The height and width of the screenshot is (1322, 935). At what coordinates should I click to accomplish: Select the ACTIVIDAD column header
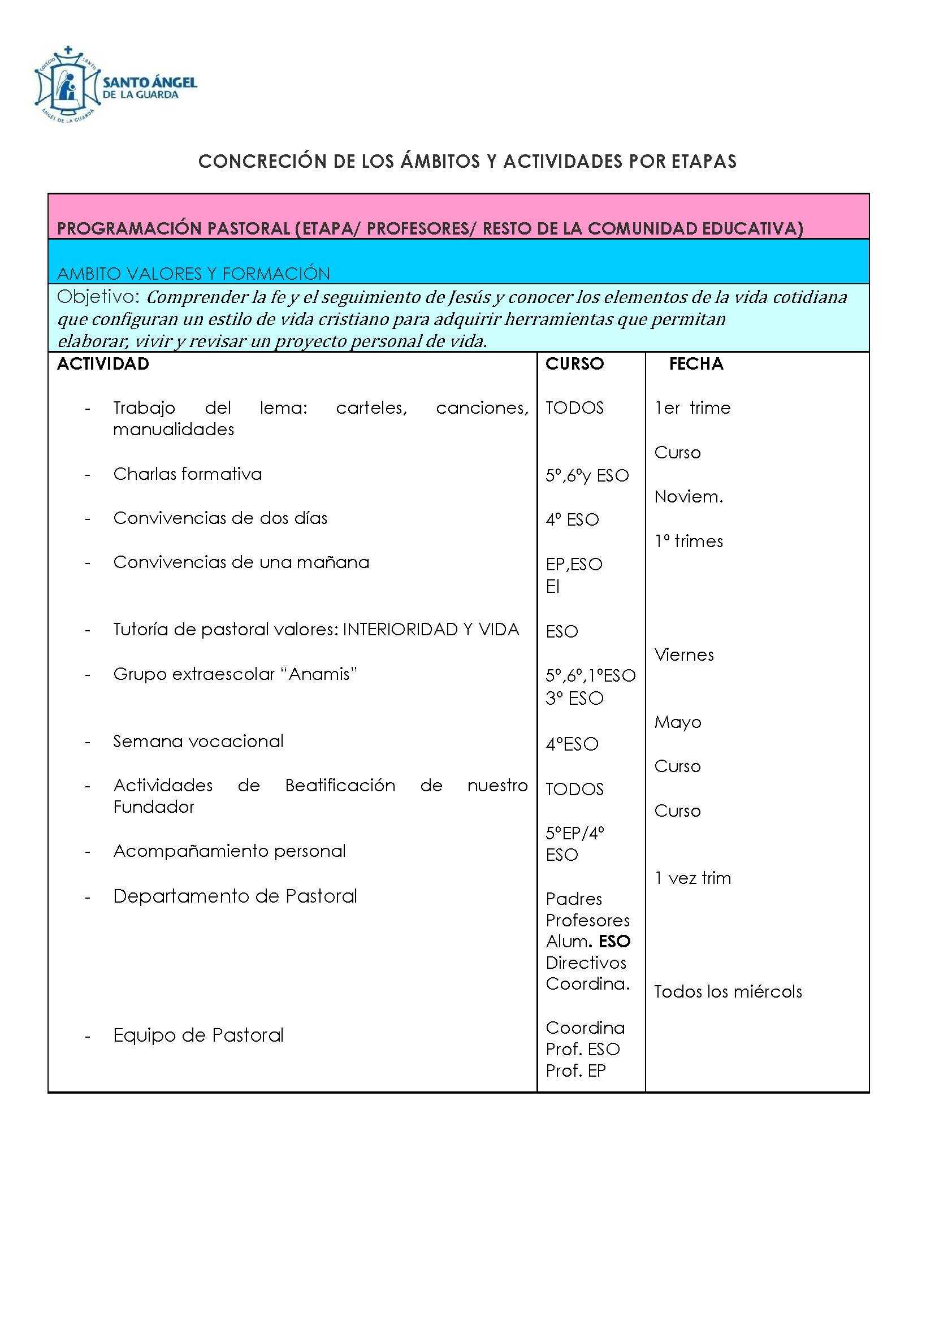(x=103, y=364)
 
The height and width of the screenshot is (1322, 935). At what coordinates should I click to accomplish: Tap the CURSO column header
(x=574, y=364)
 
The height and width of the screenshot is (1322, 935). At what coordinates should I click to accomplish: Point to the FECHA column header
(x=696, y=364)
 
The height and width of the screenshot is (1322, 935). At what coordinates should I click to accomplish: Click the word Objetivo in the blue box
(x=98, y=297)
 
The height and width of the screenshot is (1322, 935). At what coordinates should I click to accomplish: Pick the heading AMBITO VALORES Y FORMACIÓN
(x=193, y=274)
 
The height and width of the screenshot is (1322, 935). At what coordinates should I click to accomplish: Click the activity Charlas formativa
(x=187, y=474)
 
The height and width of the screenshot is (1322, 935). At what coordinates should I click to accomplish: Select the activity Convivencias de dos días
(x=220, y=518)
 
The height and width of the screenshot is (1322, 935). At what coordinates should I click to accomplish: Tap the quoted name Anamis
(x=322, y=674)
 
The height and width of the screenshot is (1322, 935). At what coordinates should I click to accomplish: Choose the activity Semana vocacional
(x=198, y=742)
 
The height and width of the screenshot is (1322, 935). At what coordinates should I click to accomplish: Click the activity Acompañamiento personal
(x=229, y=851)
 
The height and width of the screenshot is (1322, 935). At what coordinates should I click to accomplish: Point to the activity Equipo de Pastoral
(x=198, y=1035)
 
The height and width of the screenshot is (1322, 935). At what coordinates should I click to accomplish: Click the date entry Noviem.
(x=689, y=497)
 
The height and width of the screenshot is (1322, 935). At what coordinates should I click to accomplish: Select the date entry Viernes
(x=684, y=655)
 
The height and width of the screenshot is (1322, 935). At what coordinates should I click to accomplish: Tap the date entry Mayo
(x=678, y=723)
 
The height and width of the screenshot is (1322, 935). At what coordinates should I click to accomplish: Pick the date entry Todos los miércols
(x=728, y=992)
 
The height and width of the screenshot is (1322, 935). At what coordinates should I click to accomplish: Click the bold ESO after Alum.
(x=615, y=942)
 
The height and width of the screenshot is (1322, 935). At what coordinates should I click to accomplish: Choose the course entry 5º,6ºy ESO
(x=587, y=475)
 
